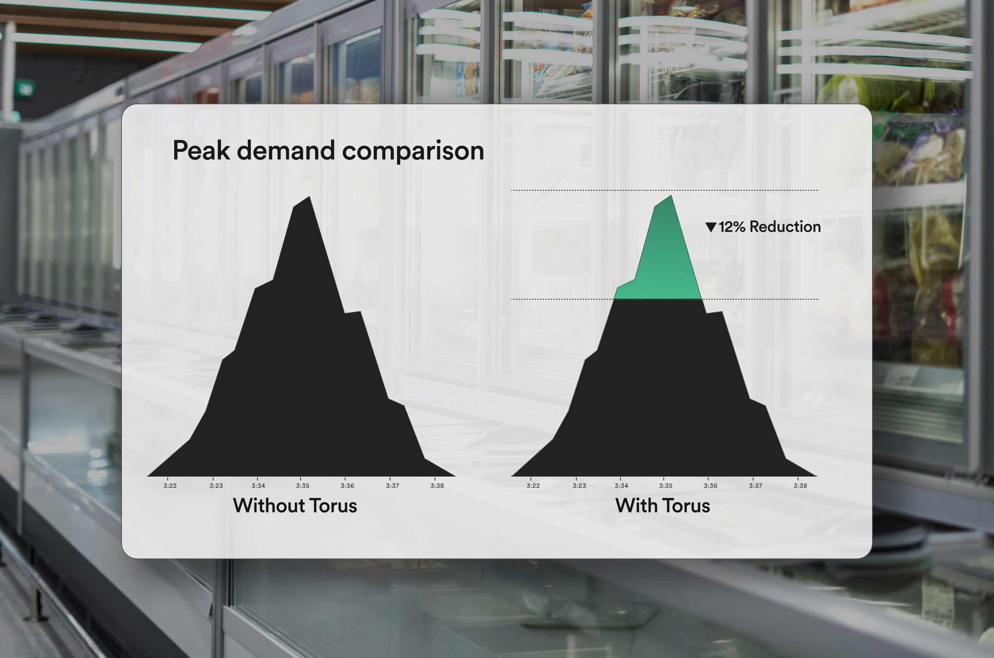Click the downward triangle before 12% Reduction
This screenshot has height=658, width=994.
[x=711, y=227]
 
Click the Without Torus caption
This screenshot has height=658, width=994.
[x=295, y=506]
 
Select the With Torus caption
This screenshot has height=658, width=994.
[x=663, y=506]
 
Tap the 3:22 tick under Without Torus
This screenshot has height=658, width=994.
[x=170, y=486]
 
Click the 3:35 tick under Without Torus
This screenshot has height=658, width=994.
[x=303, y=486]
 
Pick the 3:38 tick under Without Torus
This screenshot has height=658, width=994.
[x=437, y=486]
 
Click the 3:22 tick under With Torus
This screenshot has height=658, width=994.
[x=533, y=486]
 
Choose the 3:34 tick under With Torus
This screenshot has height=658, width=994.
[x=621, y=486]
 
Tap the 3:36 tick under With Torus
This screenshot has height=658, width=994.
[x=710, y=486]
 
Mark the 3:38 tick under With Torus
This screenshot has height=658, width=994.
[x=800, y=486]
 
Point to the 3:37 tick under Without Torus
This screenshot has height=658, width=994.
[x=393, y=486]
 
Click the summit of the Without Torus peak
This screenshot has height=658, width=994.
[x=309, y=196]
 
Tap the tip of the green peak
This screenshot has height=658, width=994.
[x=671, y=195]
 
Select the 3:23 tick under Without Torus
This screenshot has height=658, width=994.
[x=216, y=486]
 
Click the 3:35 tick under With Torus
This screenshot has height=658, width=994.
[x=666, y=486]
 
